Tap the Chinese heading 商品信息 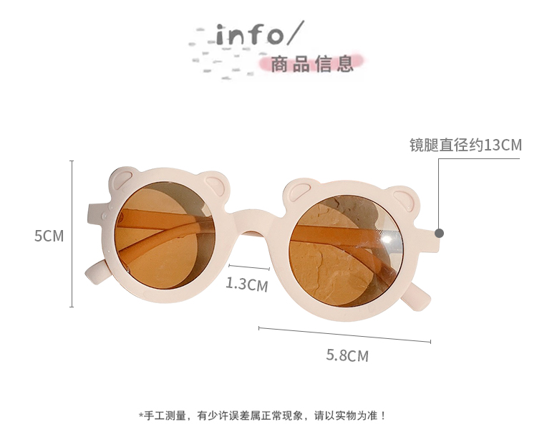(312, 64)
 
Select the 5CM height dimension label (49, 236)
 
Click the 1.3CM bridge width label (246, 284)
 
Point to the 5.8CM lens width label (347, 355)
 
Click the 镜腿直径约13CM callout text (465, 145)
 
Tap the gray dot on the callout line (439, 233)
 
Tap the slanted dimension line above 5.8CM (344, 335)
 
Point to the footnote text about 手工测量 (262, 415)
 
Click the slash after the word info (296, 33)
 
